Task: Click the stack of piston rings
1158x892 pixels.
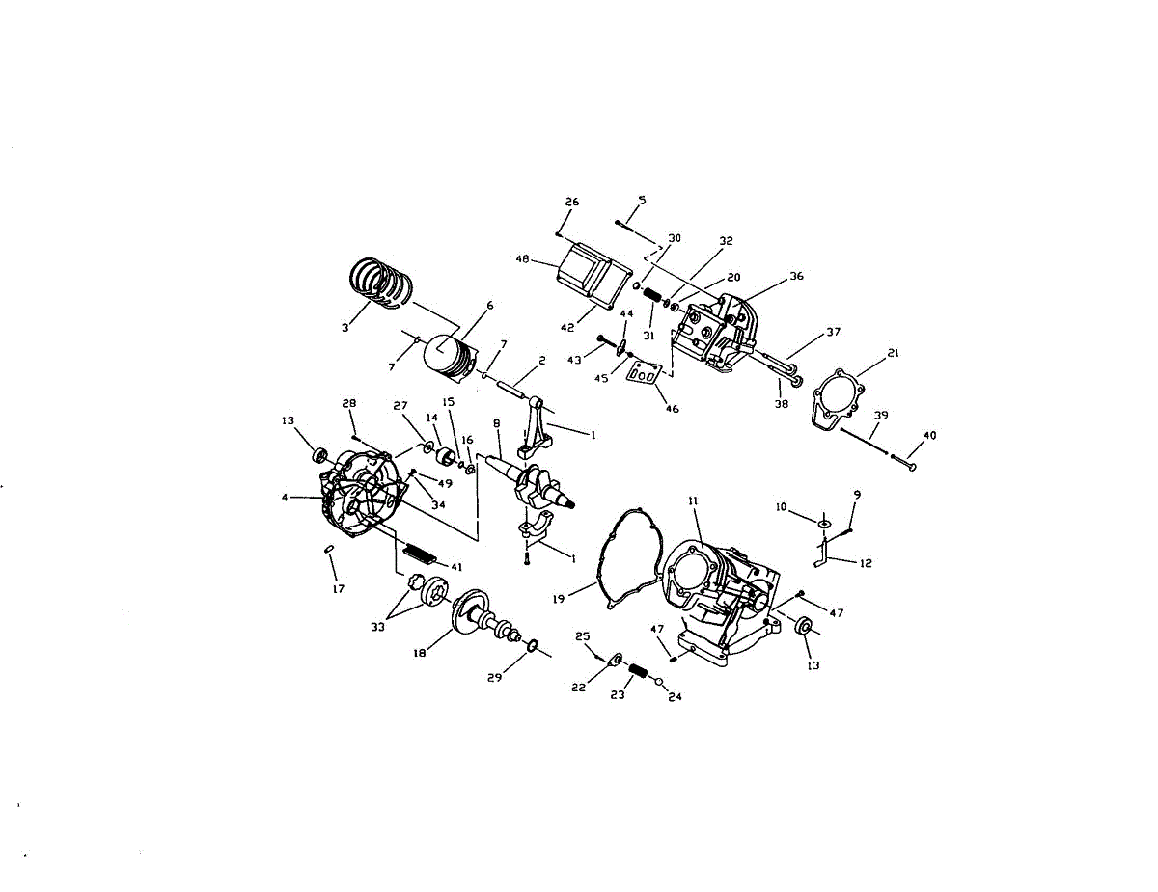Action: tap(379, 284)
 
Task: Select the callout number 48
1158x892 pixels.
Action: tap(522, 259)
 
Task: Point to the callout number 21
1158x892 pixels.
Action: tap(894, 353)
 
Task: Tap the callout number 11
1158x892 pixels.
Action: tap(693, 501)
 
